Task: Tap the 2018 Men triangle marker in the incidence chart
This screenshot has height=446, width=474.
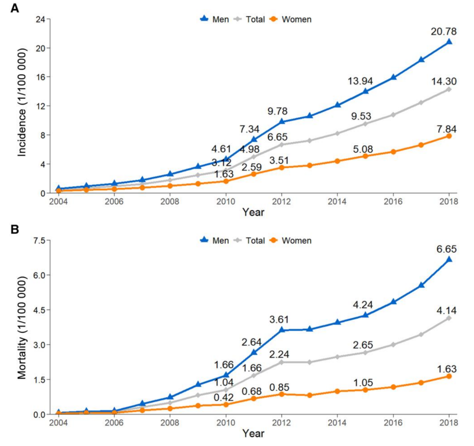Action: [x=449, y=42]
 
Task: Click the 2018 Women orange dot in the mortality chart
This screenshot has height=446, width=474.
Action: [x=449, y=376]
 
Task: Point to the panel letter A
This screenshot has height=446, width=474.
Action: [x=14, y=7]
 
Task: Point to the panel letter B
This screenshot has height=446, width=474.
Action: [x=14, y=229]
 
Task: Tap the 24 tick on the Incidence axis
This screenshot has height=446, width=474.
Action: [x=40, y=19]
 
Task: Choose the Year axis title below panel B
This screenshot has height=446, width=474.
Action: [x=253, y=434]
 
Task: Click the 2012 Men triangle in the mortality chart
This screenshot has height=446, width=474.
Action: [x=281, y=329]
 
